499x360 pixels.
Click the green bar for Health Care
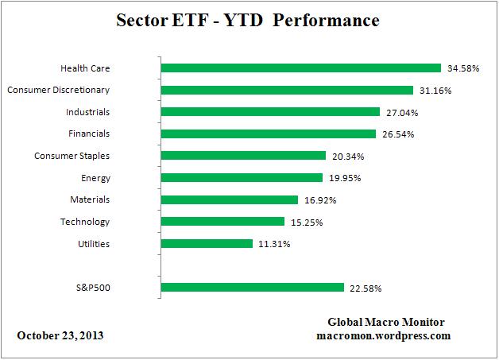click(300, 68)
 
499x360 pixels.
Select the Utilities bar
click(207, 244)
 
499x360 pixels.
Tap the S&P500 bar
click(252, 288)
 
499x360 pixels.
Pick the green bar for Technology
click(222, 222)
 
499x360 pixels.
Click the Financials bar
click(268, 134)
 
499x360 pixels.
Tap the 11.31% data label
click(273, 244)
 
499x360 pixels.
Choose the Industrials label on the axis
click(88, 112)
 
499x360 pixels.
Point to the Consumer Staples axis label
click(72, 156)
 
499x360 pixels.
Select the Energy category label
click(95, 178)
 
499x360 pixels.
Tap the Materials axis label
click(91, 199)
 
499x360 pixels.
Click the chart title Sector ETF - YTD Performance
click(249, 21)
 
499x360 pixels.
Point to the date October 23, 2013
click(60, 335)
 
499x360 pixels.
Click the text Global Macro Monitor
click(386, 322)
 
